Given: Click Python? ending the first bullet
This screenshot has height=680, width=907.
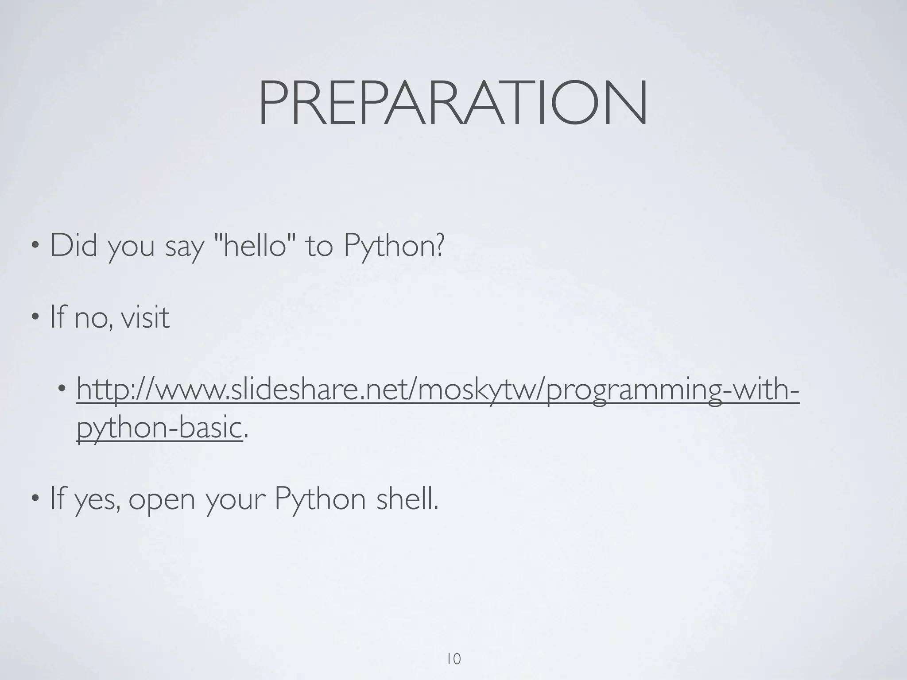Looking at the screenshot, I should pos(393,246).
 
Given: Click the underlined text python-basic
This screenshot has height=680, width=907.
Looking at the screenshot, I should pos(159,428).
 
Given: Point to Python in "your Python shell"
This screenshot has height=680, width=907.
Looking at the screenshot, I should pos(320,499).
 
